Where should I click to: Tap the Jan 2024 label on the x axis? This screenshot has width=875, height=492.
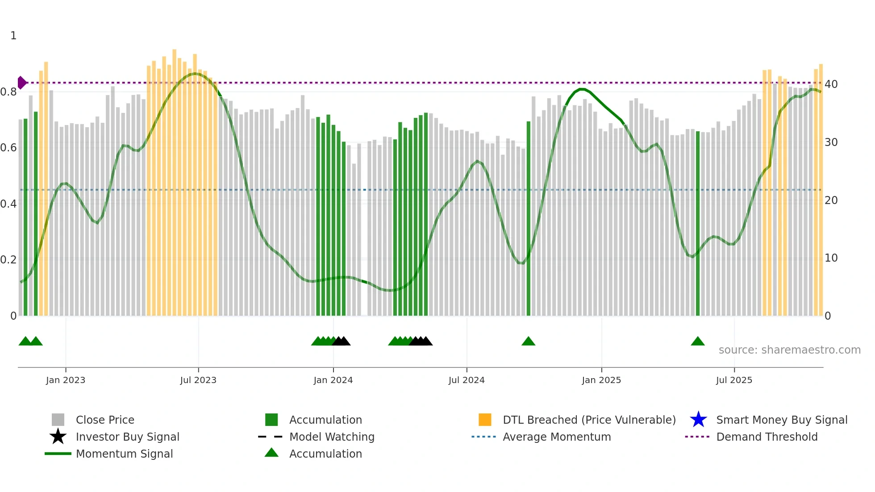click(333, 380)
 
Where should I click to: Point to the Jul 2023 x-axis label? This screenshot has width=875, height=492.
click(198, 380)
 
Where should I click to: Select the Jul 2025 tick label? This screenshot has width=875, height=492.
click(734, 380)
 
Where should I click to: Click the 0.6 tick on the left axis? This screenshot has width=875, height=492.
click(8, 148)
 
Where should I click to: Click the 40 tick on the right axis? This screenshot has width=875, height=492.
click(831, 84)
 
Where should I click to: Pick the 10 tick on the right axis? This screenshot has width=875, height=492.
click(831, 258)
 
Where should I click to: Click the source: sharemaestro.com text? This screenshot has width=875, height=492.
click(789, 350)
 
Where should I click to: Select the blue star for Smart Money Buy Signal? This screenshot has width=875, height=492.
click(698, 420)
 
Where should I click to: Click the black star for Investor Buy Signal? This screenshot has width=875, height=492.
click(58, 437)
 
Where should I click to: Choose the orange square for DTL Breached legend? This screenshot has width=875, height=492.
click(485, 420)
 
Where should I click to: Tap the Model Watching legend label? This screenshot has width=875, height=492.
click(332, 437)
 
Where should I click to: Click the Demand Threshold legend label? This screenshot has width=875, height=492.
click(767, 437)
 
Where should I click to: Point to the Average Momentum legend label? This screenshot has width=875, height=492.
click(556, 437)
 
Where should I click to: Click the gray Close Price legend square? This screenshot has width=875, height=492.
click(58, 420)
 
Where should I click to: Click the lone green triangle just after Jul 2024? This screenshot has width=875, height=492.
click(528, 342)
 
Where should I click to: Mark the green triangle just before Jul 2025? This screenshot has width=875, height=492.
click(697, 342)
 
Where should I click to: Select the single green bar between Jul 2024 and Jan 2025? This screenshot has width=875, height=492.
click(528, 219)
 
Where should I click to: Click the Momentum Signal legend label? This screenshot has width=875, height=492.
click(124, 454)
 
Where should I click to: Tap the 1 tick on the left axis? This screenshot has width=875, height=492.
click(13, 36)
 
